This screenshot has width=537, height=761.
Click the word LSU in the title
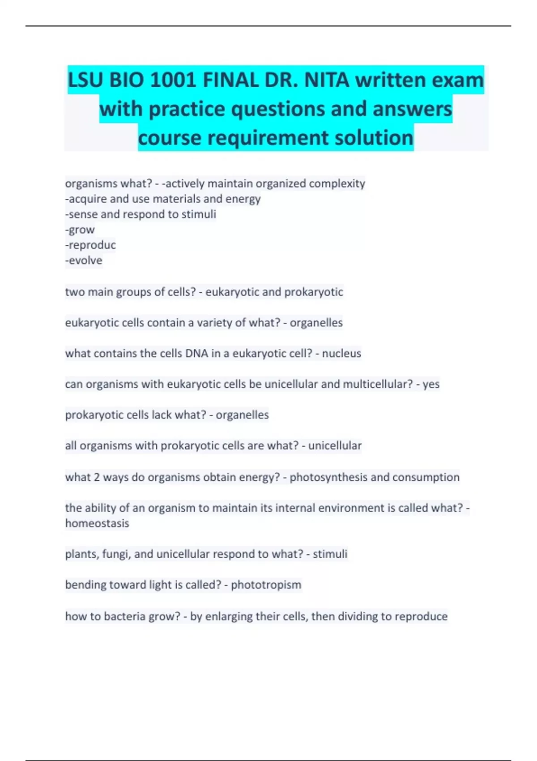[85, 81]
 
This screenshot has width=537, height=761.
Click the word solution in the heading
[374, 138]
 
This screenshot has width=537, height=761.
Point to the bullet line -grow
[80, 230]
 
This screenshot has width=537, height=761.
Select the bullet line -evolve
[84, 261]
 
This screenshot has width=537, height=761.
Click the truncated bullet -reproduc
[90, 245]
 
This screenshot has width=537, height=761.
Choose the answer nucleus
[341, 354]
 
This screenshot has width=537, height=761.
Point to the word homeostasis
[97, 523]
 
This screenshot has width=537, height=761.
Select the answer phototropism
[266, 585]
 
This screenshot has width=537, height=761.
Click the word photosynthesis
[328, 477]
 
